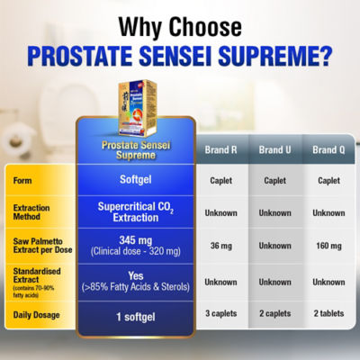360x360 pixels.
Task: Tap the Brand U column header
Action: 274,149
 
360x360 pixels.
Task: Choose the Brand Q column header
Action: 327,149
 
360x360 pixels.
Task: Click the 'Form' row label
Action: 24,180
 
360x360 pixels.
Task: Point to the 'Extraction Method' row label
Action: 35,212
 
